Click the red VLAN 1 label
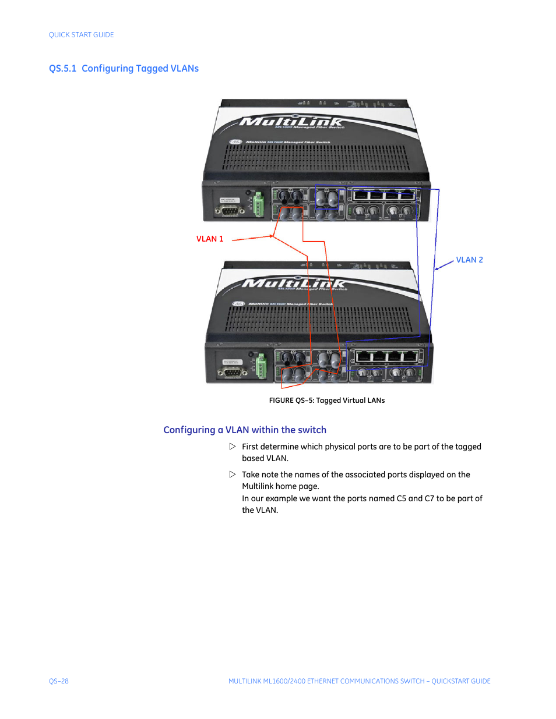(210, 239)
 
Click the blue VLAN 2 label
(469, 260)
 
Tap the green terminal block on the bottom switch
(261, 366)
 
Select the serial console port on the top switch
(229, 210)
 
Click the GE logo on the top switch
(235, 141)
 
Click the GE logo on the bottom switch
(238, 303)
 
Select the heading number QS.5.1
(62, 69)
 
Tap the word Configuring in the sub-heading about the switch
(189, 430)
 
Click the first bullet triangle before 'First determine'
(233, 447)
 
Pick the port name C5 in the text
(401, 498)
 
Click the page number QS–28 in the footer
(59, 681)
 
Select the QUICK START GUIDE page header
(82, 35)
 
